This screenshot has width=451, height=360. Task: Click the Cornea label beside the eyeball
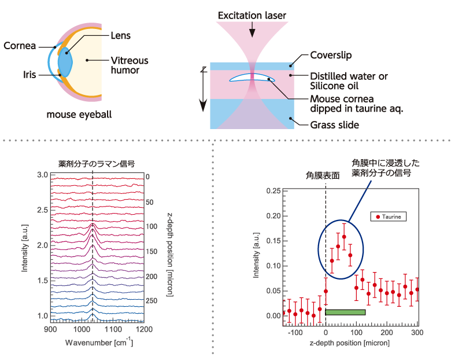coord(19,46)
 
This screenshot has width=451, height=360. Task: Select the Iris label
coord(29,75)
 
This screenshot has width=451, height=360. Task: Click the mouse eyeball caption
coord(79,115)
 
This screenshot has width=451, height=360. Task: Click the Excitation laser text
coord(252,14)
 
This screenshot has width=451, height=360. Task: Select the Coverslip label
coord(331,56)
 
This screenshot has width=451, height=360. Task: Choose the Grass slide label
coord(334,124)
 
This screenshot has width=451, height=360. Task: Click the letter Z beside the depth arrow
coord(204,69)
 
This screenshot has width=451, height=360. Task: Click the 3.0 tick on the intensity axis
coord(42,175)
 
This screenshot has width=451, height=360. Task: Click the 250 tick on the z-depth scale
coord(152,300)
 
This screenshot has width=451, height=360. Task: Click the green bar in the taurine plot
coord(345,312)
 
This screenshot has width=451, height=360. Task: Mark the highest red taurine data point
coord(344,236)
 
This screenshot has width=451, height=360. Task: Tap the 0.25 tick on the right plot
coord(273,190)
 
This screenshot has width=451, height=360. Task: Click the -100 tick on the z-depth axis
coord(295,333)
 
